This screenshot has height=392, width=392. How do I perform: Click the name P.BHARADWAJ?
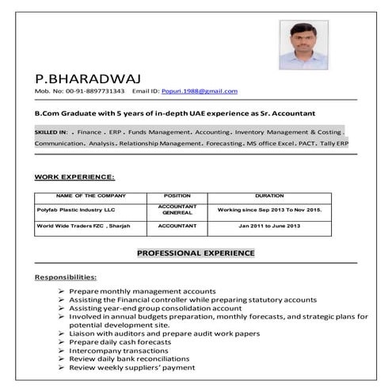pyautogui.click(x=76, y=78)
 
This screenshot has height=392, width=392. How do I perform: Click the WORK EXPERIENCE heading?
pyautogui.click(x=74, y=177)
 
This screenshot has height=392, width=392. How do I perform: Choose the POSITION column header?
pyautogui.click(x=177, y=196)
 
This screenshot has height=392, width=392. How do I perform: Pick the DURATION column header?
pyautogui.click(x=269, y=196)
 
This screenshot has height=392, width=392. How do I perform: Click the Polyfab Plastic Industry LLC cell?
pyautogui.click(x=75, y=211)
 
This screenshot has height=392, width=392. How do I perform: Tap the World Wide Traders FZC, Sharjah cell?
pyautogui.click(x=82, y=226)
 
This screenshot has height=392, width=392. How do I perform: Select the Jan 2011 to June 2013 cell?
pyautogui.click(x=269, y=226)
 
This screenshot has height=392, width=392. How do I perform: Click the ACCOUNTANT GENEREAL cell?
pyautogui.click(x=177, y=211)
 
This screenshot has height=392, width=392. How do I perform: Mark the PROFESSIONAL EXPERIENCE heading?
pyautogui.click(x=196, y=253)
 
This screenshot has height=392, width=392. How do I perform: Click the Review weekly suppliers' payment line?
pyautogui.click(x=131, y=367)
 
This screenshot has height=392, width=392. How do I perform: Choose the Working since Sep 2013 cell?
pyautogui.click(x=269, y=211)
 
